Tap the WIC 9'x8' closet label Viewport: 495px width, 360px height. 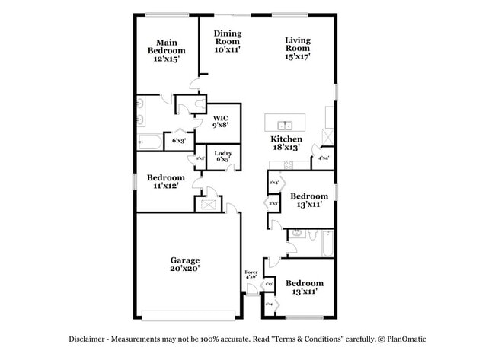coord(220,122)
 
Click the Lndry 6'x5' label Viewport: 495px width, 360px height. coord(223,156)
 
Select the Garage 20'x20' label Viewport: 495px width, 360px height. coord(185,264)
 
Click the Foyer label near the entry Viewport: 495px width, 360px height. coord(251,272)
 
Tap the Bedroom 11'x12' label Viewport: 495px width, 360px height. coord(166,180)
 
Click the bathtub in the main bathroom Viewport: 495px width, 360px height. coord(149,142)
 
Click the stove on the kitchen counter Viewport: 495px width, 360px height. coord(289,165)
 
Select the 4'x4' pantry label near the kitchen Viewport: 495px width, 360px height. coord(324,158)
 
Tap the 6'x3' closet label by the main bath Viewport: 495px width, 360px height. coord(179,141)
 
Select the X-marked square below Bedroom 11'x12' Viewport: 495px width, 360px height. coord(206,203)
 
